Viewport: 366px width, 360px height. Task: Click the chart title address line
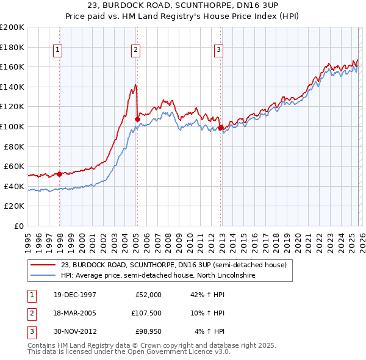[182, 7]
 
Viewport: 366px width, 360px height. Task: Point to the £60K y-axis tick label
[14, 166]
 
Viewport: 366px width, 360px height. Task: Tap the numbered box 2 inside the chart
[135, 51]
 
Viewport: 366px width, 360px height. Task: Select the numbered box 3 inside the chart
[218, 51]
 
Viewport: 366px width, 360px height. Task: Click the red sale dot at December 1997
[59, 174]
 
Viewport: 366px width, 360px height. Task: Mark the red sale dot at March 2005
[137, 119]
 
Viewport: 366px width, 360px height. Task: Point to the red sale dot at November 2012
[220, 128]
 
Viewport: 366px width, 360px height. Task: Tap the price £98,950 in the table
[150, 331]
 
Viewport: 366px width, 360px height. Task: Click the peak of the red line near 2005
[135, 84]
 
